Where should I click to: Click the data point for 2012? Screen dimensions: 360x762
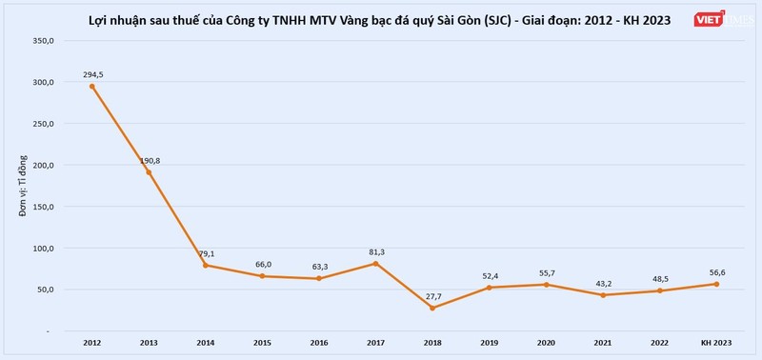[91, 87]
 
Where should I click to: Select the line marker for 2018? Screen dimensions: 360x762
[433, 308]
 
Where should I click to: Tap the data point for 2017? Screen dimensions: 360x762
[376, 263]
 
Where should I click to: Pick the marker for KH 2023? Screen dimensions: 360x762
[717, 284]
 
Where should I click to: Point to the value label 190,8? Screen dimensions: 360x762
[149, 160]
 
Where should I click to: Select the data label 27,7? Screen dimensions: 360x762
[433, 296]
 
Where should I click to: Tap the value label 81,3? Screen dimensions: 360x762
[376, 251]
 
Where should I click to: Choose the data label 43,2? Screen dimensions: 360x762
[604, 283]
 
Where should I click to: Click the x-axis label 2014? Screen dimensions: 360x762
[206, 341]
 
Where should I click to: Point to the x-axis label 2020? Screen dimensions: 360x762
[547, 341]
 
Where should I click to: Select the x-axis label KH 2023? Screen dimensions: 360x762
[717, 341]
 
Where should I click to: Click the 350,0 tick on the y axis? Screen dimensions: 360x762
[43, 41]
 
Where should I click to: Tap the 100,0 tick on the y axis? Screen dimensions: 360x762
[43, 248]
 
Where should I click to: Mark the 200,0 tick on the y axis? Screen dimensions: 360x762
[43, 165]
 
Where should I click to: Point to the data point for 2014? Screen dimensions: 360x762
[206, 265]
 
